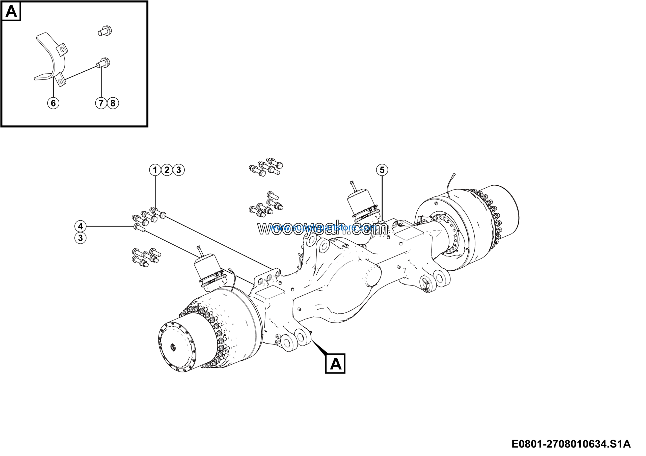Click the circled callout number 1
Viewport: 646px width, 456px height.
pyautogui.click(x=155, y=170)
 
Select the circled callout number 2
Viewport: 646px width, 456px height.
pyautogui.click(x=167, y=170)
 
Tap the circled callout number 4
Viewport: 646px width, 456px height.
pyautogui.click(x=80, y=226)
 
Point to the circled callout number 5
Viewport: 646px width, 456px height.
pyautogui.click(x=382, y=170)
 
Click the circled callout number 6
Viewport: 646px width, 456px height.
pyautogui.click(x=53, y=103)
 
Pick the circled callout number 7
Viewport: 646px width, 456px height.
pyautogui.click(x=101, y=103)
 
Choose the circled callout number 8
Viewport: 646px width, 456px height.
pyautogui.click(x=113, y=103)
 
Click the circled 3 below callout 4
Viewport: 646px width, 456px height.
pyautogui.click(x=80, y=238)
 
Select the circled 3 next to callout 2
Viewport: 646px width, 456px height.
pyautogui.click(x=179, y=170)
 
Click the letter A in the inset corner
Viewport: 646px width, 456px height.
pyautogui.click(x=11, y=12)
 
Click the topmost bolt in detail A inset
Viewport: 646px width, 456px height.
pyautogui.click(x=105, y=31)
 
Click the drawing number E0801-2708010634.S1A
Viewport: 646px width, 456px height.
pyautogui.click(x=571, y=444)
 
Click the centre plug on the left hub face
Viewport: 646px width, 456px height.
pyautogui.click(x=173, y=348)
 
